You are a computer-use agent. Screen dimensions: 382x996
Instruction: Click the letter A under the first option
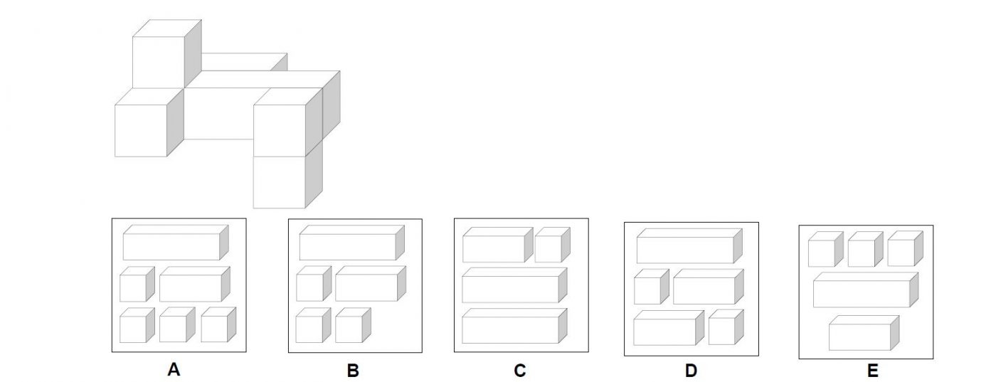pyautogui.click(x=173, y=370)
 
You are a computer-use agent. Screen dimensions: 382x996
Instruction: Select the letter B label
pyautogui.click(x=353, y=370)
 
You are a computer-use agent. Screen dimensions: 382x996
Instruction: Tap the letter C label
pyautogui.click(x=520, y=370)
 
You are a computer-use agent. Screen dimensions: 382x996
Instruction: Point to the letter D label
pyautogui.click(x=691, y=370)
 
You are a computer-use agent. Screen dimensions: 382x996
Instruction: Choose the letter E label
pyautogui.click(x=873, y=370)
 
